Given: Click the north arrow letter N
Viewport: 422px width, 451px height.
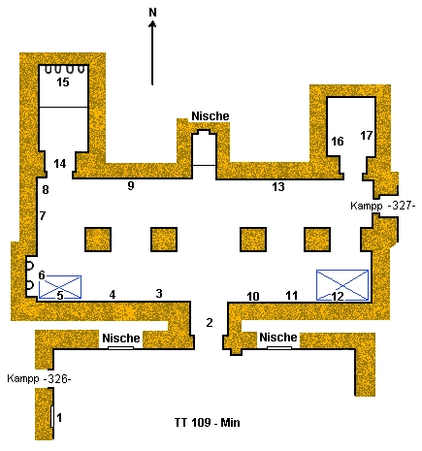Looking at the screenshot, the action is click(x=152, y=13).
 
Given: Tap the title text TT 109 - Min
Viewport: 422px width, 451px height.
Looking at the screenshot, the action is click(x=208, y=423).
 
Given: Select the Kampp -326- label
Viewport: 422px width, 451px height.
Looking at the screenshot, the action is click(x=39, y=378).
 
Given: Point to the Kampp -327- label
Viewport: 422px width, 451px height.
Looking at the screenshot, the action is click(x=382, y=206).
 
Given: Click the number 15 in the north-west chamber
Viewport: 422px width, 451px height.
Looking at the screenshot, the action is click(x=63, y=82).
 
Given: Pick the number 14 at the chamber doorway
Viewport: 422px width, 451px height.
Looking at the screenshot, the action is click(x=60, y=164).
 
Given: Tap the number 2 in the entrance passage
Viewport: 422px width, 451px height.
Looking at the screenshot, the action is click(x=210, y=322).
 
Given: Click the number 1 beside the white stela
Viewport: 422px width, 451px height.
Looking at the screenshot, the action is click(x=59, y=418).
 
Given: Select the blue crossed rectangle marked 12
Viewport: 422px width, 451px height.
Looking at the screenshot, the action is click(x=342, y=285).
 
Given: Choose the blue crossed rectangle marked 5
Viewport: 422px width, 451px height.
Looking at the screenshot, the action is click(x=60, y=287).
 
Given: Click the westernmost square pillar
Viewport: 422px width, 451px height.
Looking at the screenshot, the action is click(x=98, y=240).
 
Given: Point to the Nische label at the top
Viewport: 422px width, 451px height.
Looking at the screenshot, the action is click(x=211, y=116).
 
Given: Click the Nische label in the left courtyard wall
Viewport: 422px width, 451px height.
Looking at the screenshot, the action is click(x=121, y=338).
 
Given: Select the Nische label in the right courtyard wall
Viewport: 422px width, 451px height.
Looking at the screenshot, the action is click(x=278, y=338).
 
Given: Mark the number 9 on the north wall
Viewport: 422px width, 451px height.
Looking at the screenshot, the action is click(x=131, y=185).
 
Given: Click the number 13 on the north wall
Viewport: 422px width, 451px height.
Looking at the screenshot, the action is click(x=278, y=186).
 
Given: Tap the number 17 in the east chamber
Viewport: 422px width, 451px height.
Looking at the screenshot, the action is click(x=367, y=135).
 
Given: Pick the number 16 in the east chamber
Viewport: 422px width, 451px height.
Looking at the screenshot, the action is click(x=338, y=141).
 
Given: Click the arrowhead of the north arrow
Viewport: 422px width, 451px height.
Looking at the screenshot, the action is click(x=152, y=24).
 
